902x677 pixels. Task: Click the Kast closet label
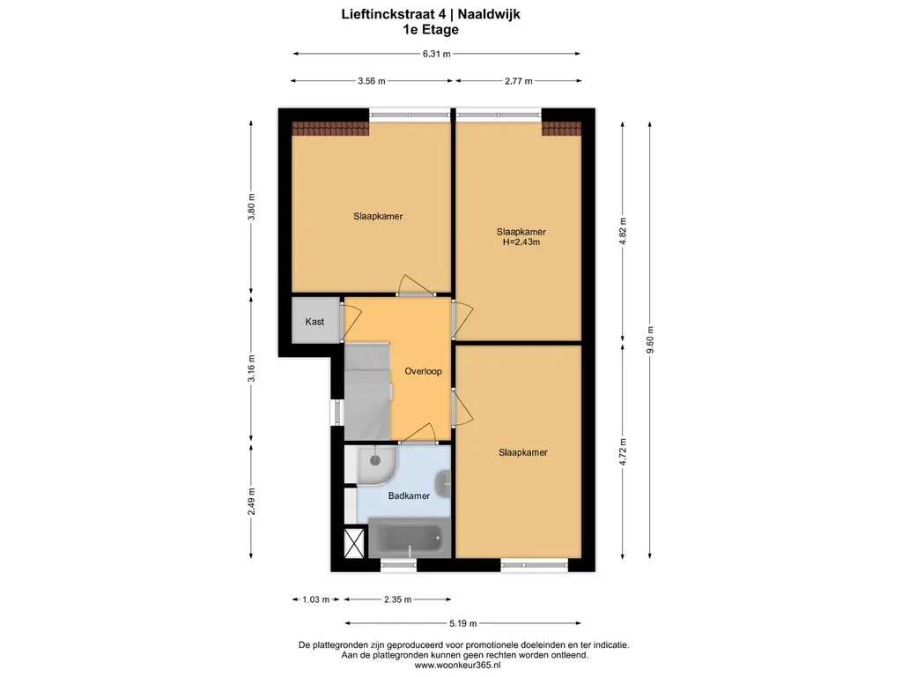coord(314,322)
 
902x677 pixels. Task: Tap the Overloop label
coord(423,371)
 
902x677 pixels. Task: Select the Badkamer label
coord(409,495)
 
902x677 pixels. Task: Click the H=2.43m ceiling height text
coord(521,242)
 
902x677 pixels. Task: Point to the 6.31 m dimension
coord(437,54)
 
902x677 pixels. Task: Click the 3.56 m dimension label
coord(372,81)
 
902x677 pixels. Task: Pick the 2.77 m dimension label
coord(518,81)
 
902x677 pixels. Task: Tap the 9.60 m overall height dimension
coord(650,340)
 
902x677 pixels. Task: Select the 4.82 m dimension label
coord(623,232)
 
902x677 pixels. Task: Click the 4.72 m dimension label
coord(623,452)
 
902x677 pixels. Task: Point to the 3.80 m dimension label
coord(251,207)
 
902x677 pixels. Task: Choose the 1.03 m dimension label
coord(316,599)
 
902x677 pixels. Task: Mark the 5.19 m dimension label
coord(463,623)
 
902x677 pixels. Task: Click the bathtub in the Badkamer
coord(409,537)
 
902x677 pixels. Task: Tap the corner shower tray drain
coord(375,460)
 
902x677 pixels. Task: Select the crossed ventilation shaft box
coord(354,543)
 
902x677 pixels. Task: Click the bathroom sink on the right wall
coord(444,484)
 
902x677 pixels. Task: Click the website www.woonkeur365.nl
coord(458,666)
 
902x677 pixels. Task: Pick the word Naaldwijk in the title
coord(489,14)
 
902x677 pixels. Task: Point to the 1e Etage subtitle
coord(431,30)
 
